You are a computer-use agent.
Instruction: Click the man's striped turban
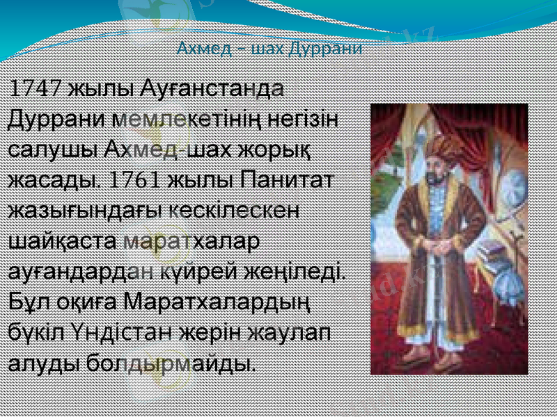[440, 146]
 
